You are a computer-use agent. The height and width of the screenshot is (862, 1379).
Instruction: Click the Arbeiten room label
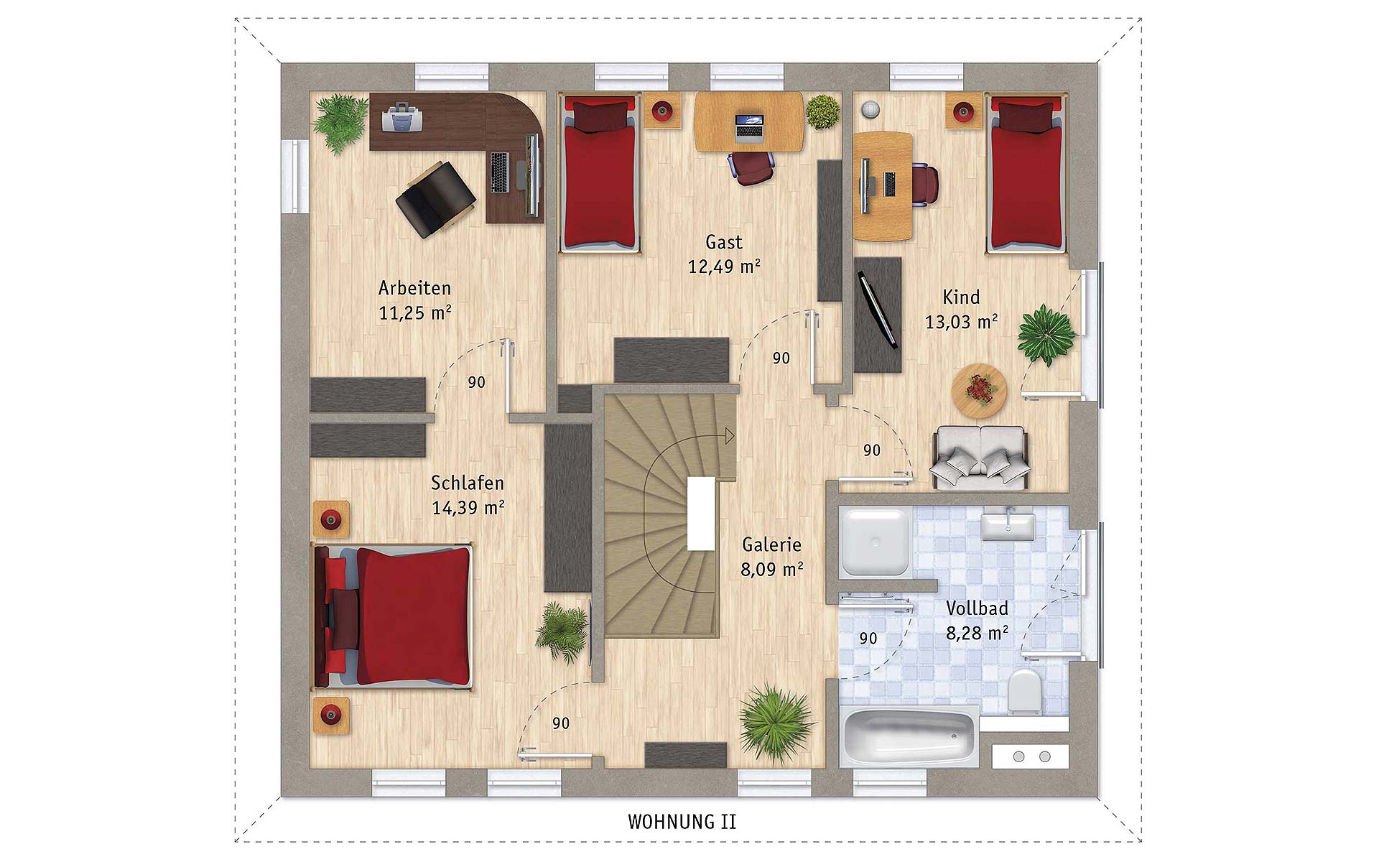coord(414,288)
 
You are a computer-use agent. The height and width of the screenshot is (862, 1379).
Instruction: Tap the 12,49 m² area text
coord(724,267)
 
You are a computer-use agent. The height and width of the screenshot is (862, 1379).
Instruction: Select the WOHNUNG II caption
coord(682,822)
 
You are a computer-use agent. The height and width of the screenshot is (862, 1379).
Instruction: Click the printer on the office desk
coord(402,118)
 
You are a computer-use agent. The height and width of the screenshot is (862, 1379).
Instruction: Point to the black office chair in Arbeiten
coord(436,199)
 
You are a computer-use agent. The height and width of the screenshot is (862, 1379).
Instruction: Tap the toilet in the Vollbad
coord(1024,691)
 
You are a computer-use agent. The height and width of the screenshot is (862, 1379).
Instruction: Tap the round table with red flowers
coord(979,391)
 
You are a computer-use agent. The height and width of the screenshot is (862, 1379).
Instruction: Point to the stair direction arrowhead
coord(730,436)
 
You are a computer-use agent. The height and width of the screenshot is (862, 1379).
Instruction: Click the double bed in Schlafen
coord(392,616)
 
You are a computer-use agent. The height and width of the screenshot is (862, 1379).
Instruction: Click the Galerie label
coord(771,544)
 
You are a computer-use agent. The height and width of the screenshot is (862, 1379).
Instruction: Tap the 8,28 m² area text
coord(977,634)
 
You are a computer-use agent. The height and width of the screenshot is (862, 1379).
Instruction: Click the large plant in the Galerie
coord(776,722)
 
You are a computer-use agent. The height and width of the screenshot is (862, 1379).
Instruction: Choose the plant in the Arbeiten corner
coord(340,122)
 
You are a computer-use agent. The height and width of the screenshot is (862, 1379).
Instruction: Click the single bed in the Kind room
coord(1026,173)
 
